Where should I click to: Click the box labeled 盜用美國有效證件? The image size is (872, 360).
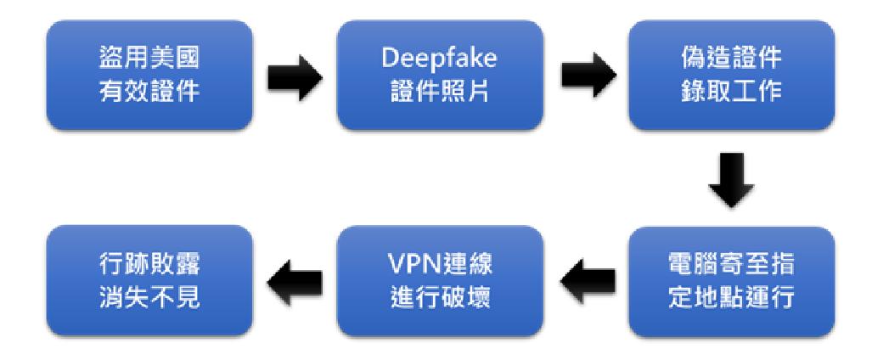point(149,75)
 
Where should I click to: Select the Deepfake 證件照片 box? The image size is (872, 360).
point(440,75)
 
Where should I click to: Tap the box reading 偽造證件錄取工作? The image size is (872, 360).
point(731,75)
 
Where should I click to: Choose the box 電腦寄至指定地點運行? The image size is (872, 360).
point(731,281)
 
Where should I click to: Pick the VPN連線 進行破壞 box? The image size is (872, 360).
point(440,281)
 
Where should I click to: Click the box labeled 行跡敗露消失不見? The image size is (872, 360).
point(149,281)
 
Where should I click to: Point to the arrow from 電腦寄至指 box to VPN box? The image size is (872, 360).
point(587,284)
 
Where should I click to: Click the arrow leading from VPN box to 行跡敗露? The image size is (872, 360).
point(295,284)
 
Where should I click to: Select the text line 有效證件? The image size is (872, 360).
point(149,93)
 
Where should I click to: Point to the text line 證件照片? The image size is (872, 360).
point(440,93)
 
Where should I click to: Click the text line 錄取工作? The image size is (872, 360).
point(731,93)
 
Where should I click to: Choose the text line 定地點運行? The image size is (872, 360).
point(731,299)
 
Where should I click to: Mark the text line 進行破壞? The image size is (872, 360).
point(440,299)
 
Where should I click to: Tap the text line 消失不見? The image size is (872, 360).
point(149,299)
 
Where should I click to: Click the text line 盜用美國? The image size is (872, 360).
point(149,59)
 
